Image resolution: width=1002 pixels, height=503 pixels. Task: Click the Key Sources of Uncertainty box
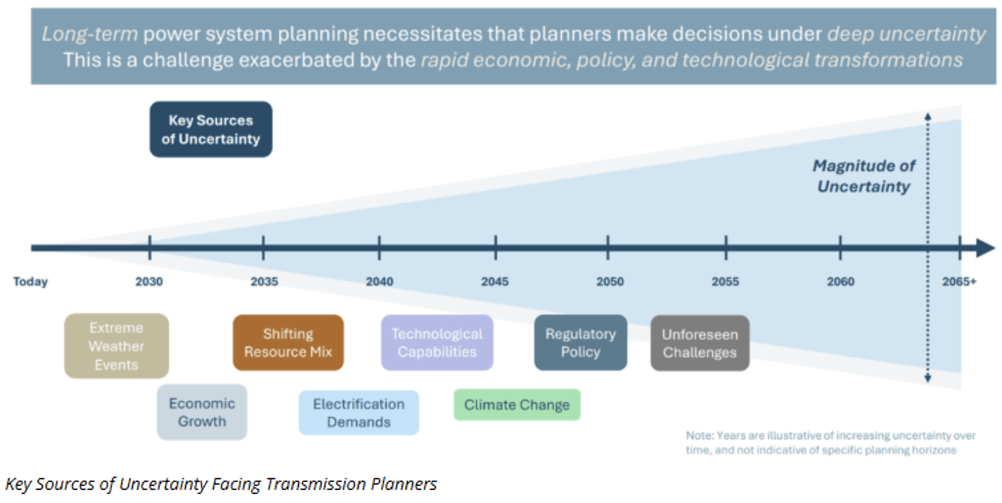coord(211,130)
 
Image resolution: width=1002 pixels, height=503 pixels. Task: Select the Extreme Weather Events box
coord(117,346)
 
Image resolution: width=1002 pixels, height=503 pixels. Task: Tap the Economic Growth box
coord(202,412)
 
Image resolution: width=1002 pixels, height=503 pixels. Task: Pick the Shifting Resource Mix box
coord(288,343)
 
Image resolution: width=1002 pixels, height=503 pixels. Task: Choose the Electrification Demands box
coord(358,413)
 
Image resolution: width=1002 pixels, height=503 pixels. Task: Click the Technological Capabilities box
coord(437,343)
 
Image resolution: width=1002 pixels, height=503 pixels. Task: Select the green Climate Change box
coord(517,405)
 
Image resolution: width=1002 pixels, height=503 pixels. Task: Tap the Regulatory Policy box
coord(580,343)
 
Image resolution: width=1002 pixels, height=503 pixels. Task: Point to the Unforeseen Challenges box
coord(700,343)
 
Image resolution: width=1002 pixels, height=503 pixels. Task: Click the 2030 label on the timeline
coord(149,282)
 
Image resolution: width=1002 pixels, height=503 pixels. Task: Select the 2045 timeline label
coord(495,282)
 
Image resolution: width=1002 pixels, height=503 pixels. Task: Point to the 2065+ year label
coord(959,282)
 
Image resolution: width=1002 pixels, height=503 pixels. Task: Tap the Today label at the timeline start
coord(31,282)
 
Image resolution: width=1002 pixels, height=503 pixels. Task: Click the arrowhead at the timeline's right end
coord(986,248)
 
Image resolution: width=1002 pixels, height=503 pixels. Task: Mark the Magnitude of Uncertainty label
coord(864,176)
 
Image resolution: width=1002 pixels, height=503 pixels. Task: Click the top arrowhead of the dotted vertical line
coord(927,117)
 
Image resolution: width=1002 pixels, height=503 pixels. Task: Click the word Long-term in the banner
coord(90,34)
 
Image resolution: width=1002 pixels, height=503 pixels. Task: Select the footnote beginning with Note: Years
coord(830,443)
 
